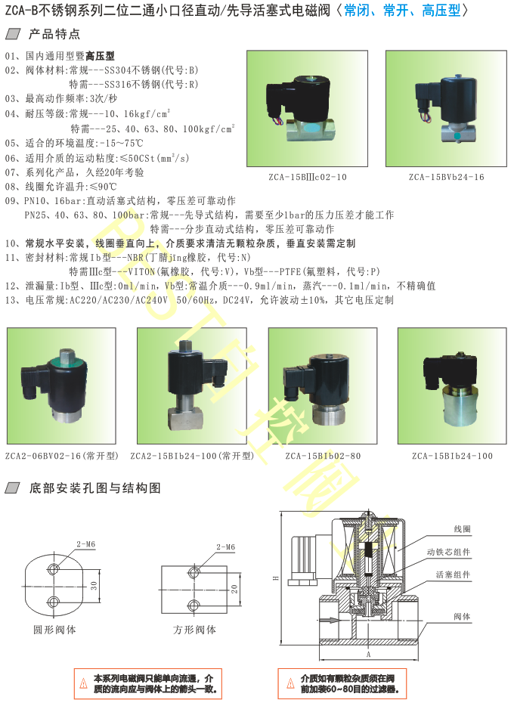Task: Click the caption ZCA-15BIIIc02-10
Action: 308,177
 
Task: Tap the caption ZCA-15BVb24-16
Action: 447,177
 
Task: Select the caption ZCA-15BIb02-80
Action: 323,456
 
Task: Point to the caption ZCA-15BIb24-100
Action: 452,456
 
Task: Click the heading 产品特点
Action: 54,34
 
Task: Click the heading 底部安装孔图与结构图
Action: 95,488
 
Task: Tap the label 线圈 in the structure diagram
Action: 463,529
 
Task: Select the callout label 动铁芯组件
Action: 448,552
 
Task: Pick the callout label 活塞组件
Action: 453,574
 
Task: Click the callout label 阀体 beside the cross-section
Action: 462,616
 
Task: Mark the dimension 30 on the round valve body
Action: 94,585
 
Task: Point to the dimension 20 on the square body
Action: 234,589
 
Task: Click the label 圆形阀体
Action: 54,630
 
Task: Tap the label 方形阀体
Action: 194,630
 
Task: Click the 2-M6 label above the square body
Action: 225,547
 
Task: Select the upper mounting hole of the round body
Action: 54,569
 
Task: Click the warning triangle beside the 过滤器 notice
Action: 291,683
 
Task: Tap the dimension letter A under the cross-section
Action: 368,654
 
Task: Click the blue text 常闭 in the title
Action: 357,11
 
